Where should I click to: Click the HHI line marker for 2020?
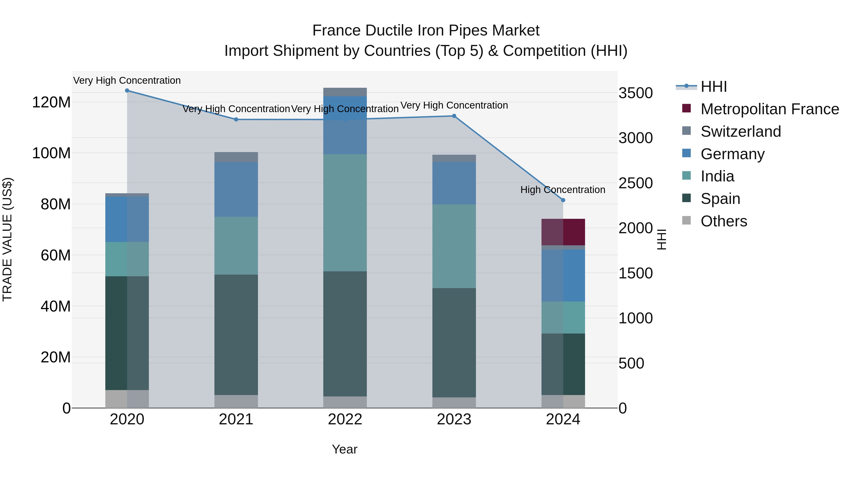point(127,91)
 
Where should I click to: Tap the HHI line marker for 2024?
point(563,200)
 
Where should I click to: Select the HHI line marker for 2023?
point(454,116)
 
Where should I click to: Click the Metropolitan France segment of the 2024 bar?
point(563,232)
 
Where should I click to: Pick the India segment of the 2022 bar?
point(345,213)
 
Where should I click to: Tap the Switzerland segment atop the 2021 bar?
point(236,157)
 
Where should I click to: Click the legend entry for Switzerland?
point(741,132)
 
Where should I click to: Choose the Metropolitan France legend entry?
point(769,109)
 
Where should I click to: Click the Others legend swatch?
point(686,220)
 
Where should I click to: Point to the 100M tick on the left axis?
point(51,153)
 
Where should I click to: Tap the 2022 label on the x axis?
point(345,419)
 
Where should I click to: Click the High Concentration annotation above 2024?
point(563,190)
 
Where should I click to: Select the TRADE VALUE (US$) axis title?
point(7,239)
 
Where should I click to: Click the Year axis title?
point(345,449)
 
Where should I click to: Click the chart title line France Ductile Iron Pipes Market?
point(426,31)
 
